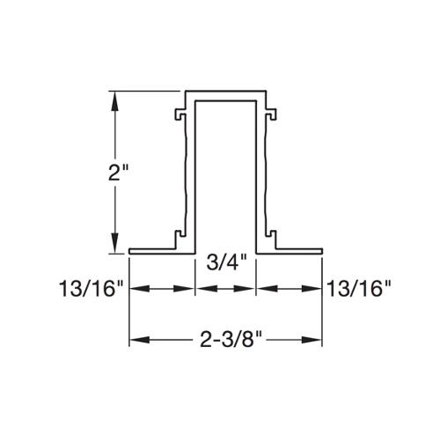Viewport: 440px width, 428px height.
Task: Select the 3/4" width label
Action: coord(224,263)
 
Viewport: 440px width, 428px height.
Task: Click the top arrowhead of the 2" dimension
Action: coord(114,99)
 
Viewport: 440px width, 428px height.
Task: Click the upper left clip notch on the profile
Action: coord(180,114)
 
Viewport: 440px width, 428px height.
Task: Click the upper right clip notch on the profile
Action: coord(273,114)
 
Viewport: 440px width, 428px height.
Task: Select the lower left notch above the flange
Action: coord(180,235)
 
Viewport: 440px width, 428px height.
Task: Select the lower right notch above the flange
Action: coord(273,235)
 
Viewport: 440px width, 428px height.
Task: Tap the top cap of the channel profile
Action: coord(225,92)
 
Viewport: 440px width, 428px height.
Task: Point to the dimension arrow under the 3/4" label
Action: coord(224,288)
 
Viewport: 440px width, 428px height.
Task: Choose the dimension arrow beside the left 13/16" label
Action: coord(162,288)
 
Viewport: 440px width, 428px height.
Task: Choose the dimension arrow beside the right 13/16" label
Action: coord(289,288)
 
